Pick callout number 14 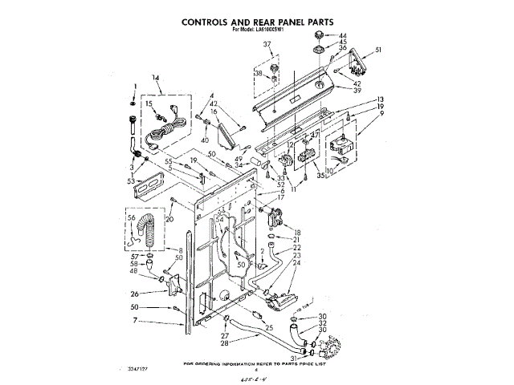point(157,79)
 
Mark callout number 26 point(136,294)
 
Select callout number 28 point(225,343)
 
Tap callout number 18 point(296,230)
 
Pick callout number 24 point(296,262)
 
